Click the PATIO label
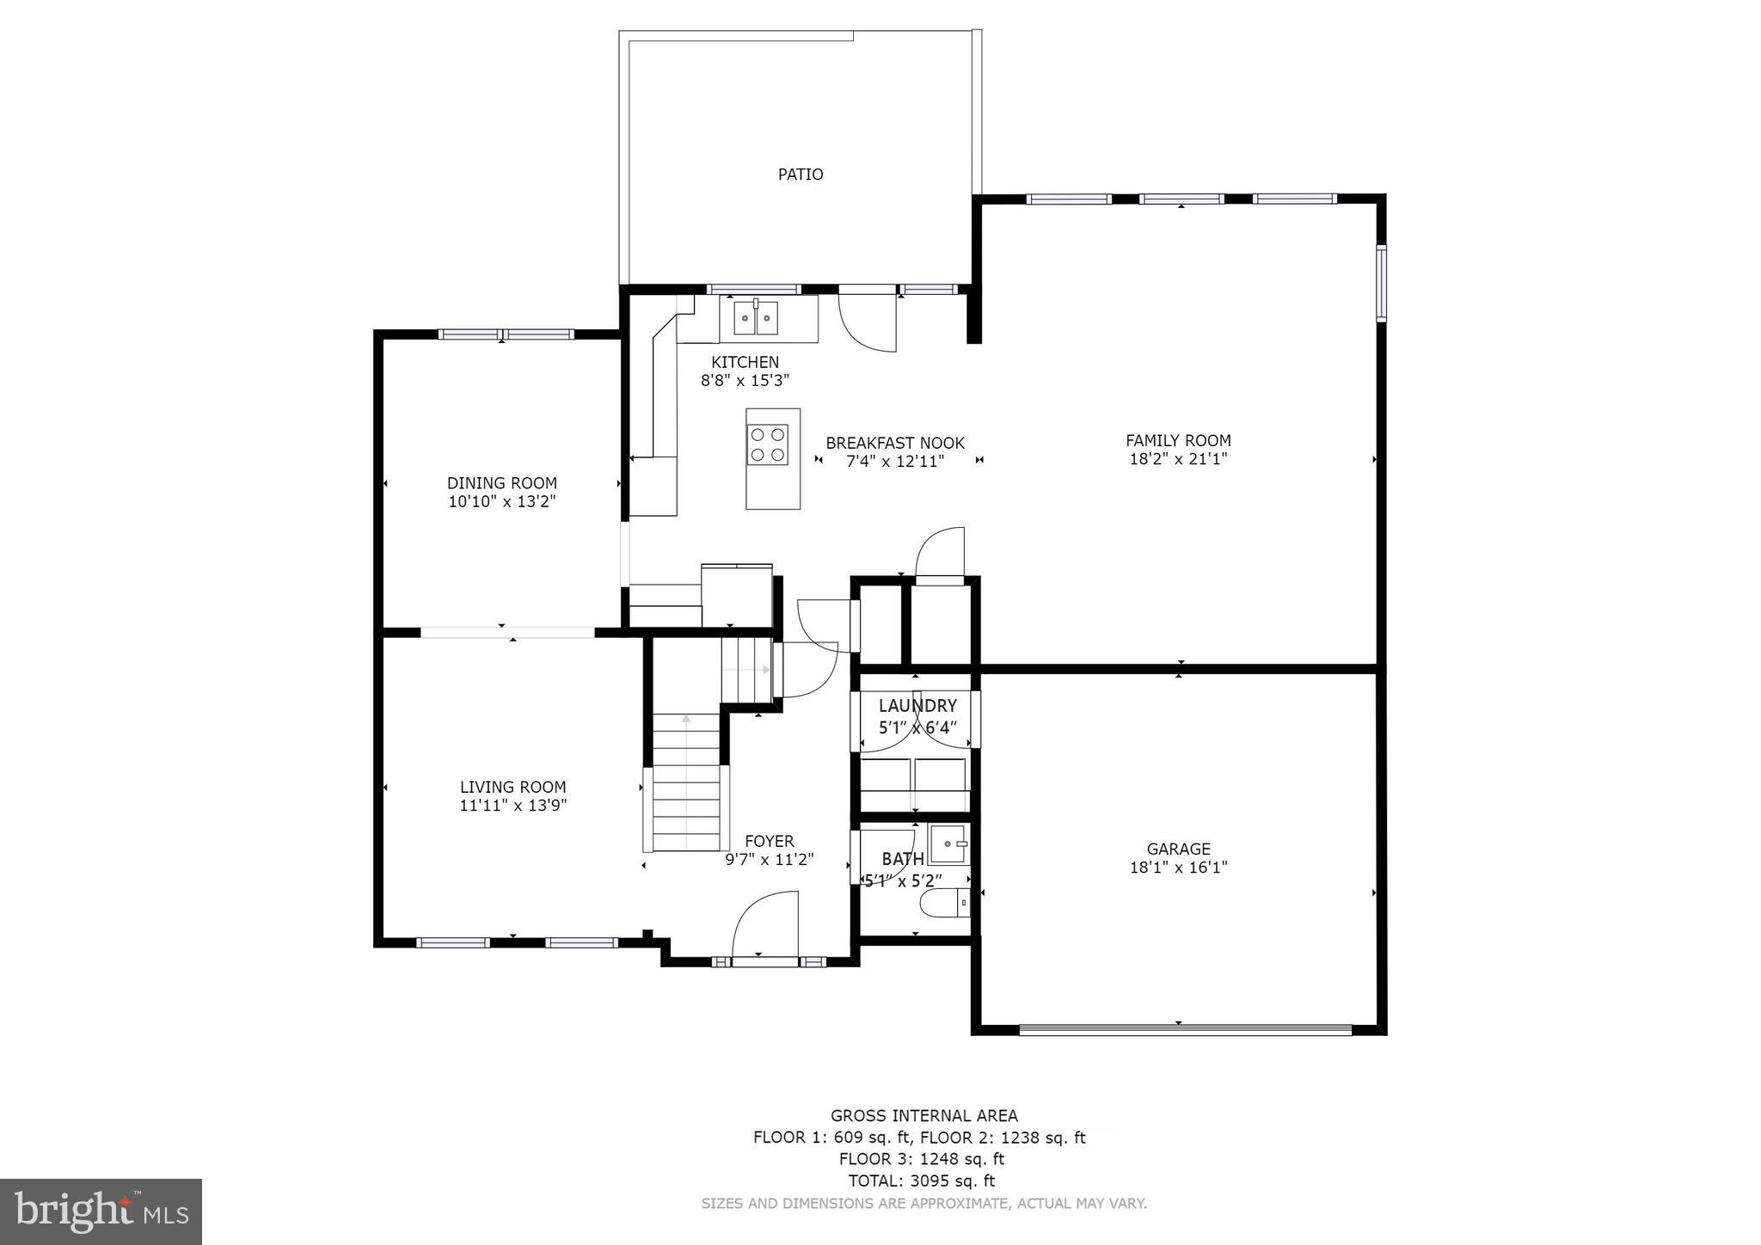coord(800,175)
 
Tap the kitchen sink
coord(756,318)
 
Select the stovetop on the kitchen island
coord(768,445)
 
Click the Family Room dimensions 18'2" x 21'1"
coord(1178,459)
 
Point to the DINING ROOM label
coord(501,483)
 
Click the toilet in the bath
coord(944,904)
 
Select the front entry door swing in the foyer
coord(765,924)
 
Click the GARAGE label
coord(1178,849)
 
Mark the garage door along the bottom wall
coord(1185,1028)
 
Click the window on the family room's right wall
coord(1381,283)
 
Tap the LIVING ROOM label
coord(512,787)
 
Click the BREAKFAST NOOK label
coord(894,443)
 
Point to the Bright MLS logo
coord(101,1211)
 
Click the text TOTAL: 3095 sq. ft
coord(921,1181)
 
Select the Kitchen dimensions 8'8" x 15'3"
coord(745,380)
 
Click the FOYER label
coord(769,841)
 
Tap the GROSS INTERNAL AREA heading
coord(923,1115)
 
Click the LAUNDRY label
coord(917,706)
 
